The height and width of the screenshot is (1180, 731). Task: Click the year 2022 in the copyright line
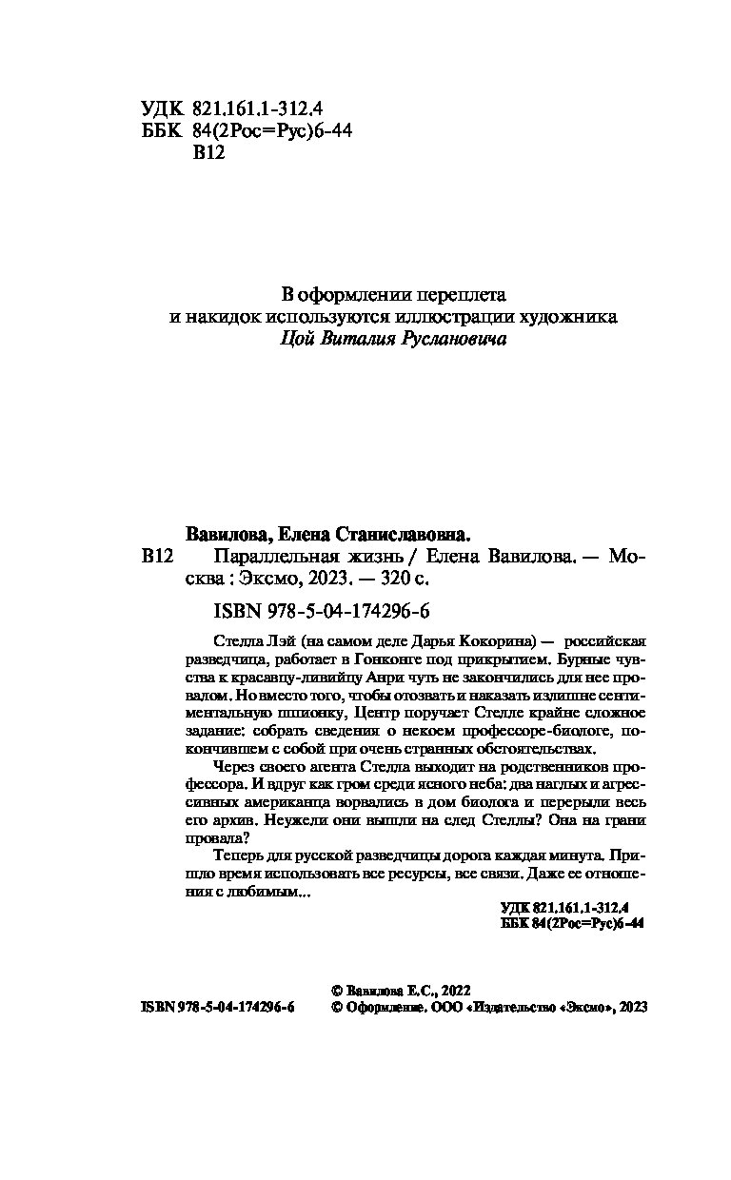(452, 990)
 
